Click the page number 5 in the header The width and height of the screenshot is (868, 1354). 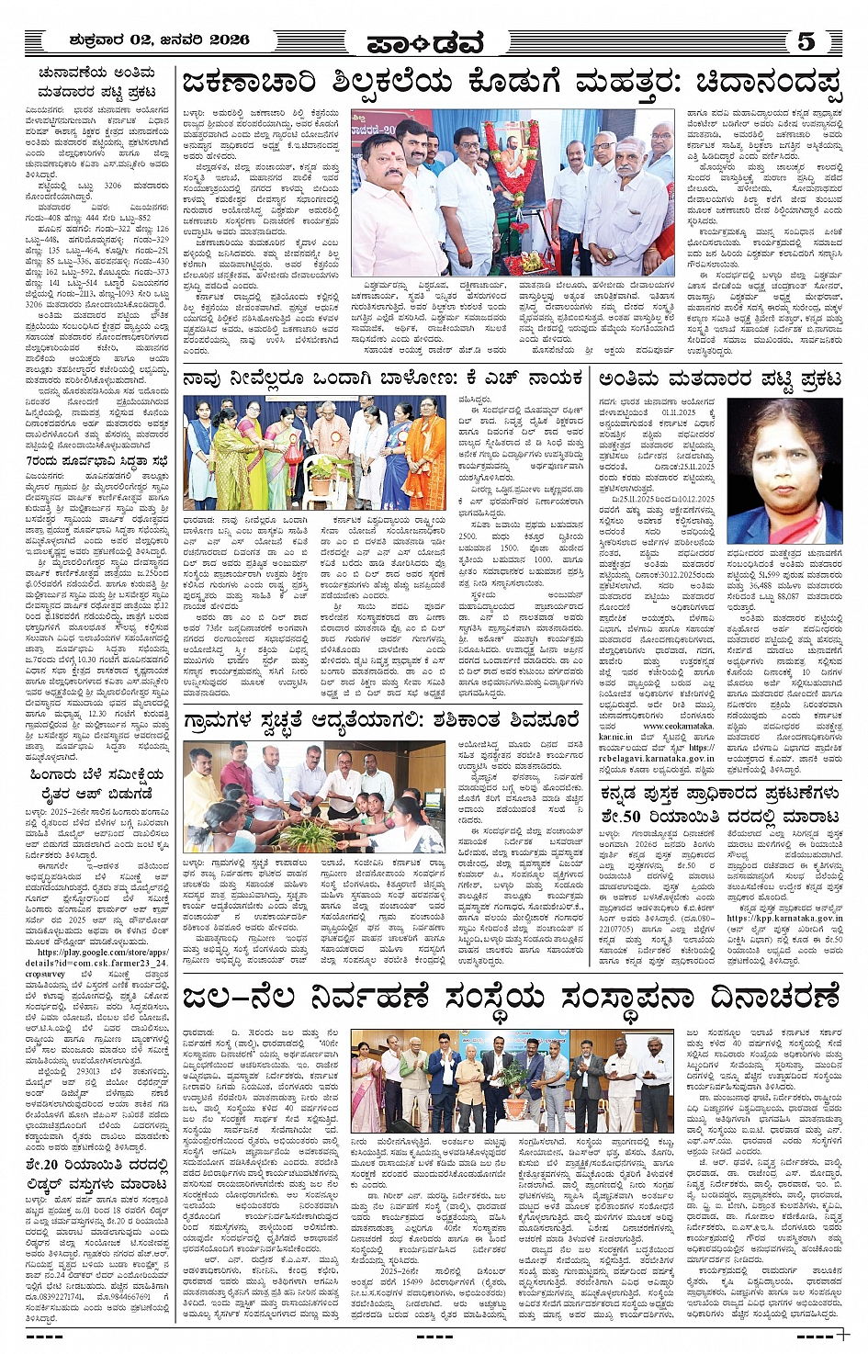tap(806, 41)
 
